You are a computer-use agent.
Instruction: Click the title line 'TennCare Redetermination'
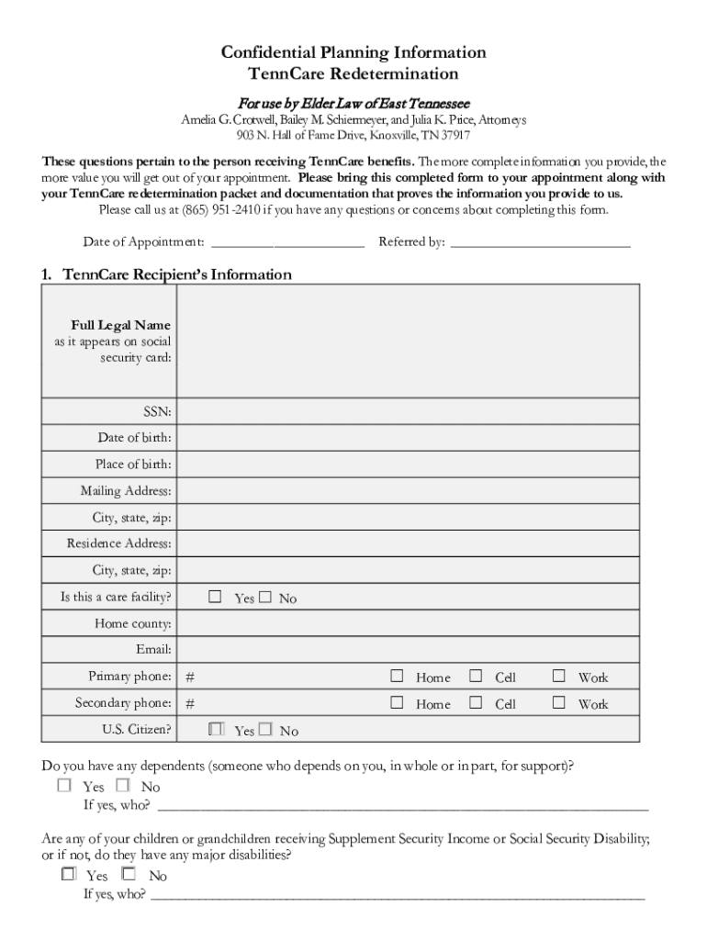click(x=353, y=73)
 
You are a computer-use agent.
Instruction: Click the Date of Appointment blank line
click(x=287, y=242)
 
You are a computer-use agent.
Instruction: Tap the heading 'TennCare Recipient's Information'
click(x=176, y=274)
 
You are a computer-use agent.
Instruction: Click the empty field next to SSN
click(x=408, y=411)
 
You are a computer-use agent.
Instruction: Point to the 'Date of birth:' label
click(x=134, y=437)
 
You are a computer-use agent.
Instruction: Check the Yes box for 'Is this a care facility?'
click(x=215, y=598)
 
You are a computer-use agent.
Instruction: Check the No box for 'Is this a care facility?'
click(x=265, y=598)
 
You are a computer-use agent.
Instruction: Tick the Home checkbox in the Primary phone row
click(x=397, y=677)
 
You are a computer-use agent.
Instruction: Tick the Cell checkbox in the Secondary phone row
click(x=476, y=703)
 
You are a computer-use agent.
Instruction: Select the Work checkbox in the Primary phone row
click(x=558, y=677)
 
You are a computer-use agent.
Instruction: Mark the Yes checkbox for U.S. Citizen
click(x=215, y=730)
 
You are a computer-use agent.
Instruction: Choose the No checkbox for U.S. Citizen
click(x=265, y=730)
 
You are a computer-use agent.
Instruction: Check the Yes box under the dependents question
click(x=64, y=786)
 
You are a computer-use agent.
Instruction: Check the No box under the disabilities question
click(x=129, y=875)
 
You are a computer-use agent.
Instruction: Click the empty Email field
click(x=408, y=650)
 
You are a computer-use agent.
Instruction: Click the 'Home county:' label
click(x=133, y=624)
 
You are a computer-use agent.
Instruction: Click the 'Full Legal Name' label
click(x=120, y=325)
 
